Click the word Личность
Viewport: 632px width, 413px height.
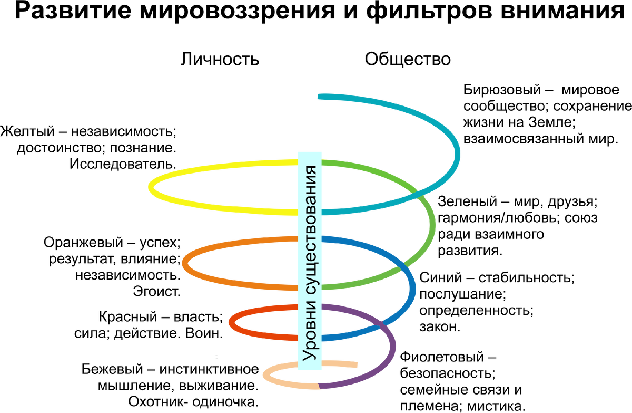coord(220,59)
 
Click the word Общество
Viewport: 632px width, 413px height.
coord(408,59)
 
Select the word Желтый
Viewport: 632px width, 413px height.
coord(27,132)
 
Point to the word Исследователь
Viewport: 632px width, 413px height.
coord(123,164)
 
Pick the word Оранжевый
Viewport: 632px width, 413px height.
coord(83,243)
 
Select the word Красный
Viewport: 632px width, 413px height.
coord(128,317)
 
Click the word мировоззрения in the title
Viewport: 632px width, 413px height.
coord(238,12)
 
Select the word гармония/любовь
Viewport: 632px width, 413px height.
coord(499,218)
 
